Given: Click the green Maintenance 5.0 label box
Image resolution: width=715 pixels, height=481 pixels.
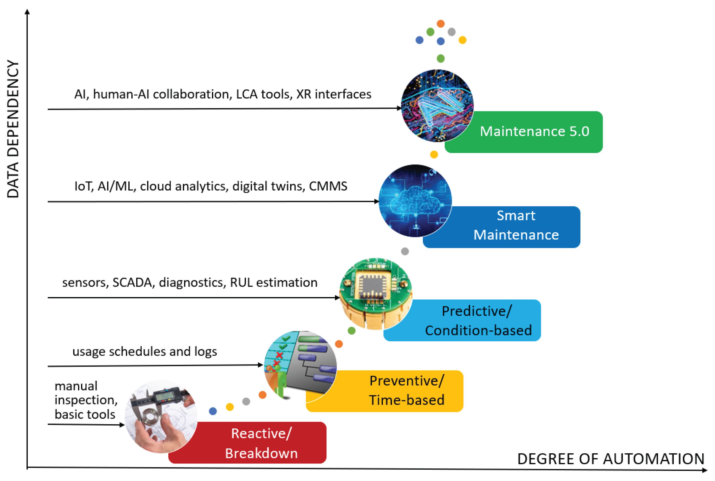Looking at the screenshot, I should [x=534, y=132].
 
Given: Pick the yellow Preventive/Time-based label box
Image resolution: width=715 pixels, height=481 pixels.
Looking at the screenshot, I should [x=405, y=391].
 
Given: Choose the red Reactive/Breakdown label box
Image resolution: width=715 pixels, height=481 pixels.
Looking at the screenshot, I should [x=261, y=443].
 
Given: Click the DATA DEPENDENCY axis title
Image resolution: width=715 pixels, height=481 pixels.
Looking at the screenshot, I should [x=13, y=129].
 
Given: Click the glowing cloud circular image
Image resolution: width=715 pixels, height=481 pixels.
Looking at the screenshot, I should [x=415, y=201].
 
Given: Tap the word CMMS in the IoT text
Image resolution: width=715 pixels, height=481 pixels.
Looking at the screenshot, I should [x=328, y=186].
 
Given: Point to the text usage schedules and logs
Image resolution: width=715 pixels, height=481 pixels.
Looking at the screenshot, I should [x=145, y=352].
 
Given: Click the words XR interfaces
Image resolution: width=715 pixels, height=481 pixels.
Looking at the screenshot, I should [x=334, y=94].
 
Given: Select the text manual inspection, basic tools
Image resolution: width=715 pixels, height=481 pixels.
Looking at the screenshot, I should [x=85, y=400].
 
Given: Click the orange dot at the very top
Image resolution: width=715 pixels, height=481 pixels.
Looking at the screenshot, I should [x=441, y=24].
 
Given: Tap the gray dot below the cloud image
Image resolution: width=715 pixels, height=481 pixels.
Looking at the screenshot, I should [x=405, y=251].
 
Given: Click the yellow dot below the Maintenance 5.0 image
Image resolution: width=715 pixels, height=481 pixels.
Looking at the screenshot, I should [x=434, y=154].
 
